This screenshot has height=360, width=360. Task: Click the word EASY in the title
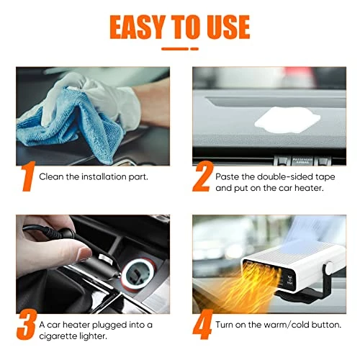coord(138,27)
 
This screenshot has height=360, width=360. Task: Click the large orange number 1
coord(28,176)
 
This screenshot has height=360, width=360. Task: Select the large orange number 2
coord(203,176)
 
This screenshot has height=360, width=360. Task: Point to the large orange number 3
coord(27,324)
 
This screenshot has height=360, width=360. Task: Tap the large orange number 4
coord(203,324)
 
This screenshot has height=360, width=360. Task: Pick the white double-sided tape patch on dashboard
coord(287,120)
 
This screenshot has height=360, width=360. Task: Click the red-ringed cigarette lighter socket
coord(138,274)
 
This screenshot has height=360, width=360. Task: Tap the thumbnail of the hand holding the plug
coord(93,264)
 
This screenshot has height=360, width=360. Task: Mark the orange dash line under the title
coord(180,49)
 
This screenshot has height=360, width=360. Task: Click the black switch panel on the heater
coord(289,279)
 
